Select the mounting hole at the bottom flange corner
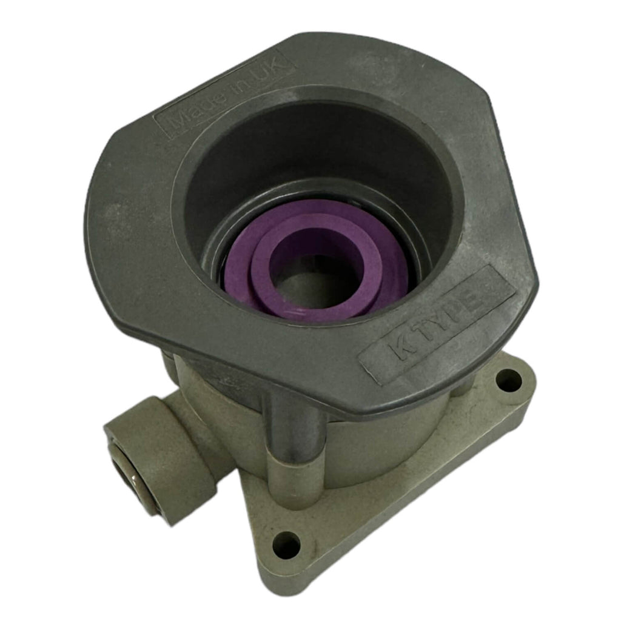pyautogui.click(x=287, y=545)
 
